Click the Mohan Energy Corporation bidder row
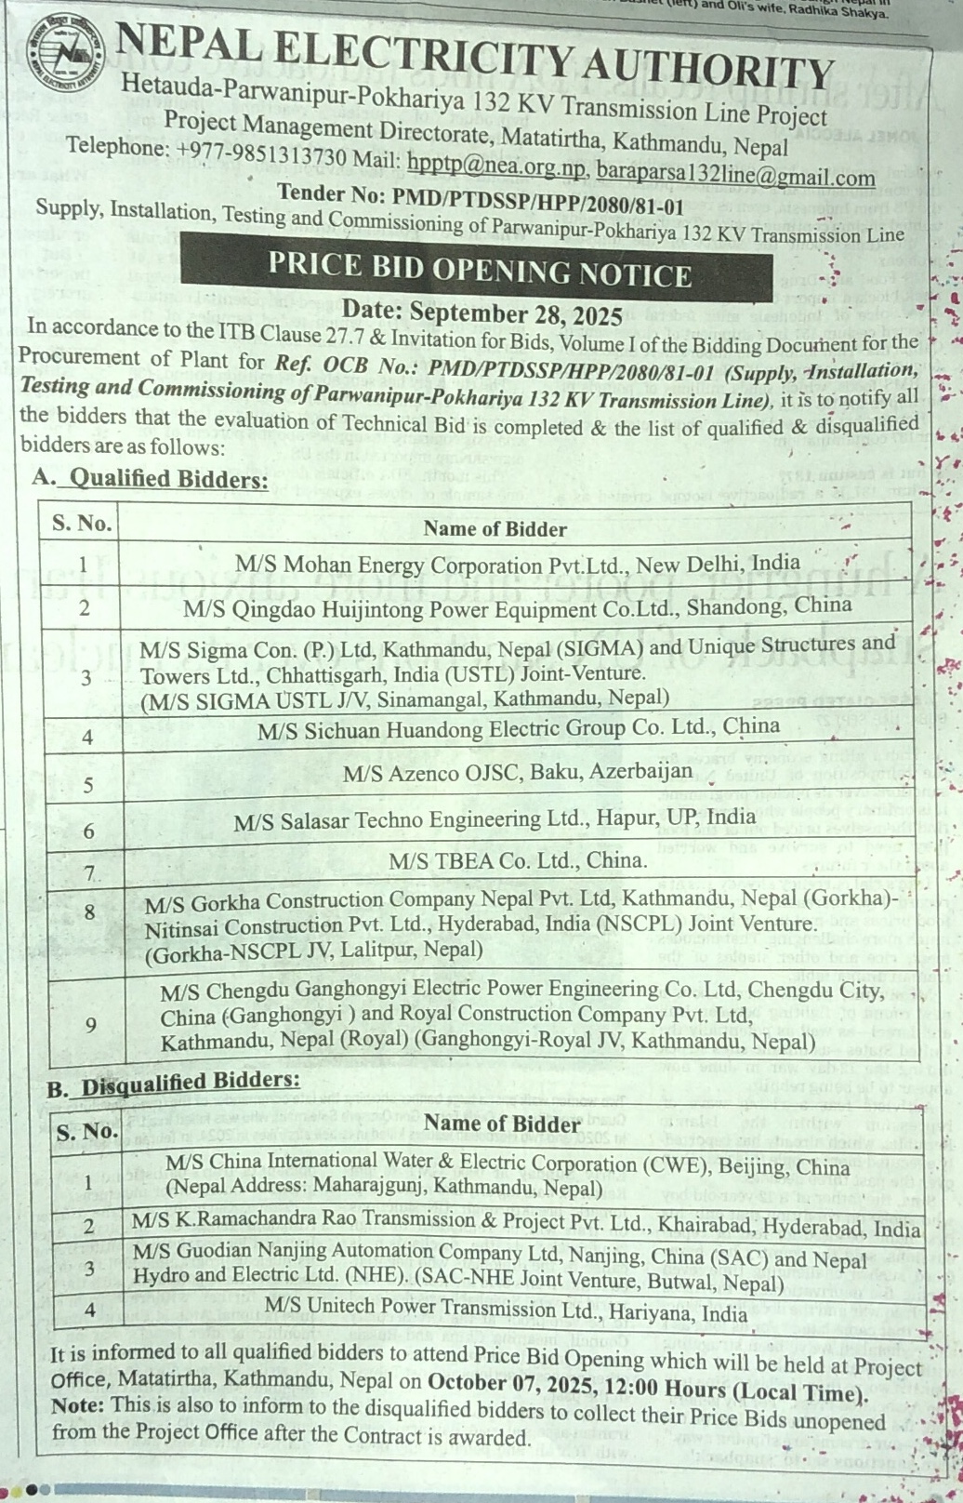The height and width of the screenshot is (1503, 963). (x=517, y=564)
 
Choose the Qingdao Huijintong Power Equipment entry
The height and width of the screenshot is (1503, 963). (x=517, y=607)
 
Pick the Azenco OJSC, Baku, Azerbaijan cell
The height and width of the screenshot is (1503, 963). (x=517, y=772)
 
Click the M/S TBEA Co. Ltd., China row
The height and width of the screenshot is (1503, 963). (x=517, y=861)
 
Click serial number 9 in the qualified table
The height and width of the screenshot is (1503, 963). (x=90, y=1025)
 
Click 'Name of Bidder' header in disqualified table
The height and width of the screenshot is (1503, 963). (x=502, y=1124)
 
